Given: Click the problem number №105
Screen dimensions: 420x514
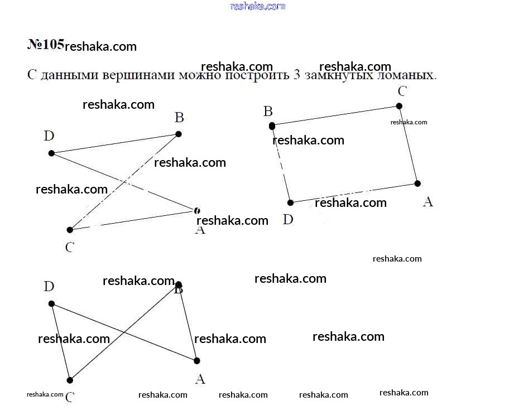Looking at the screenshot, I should (x=46, y=45).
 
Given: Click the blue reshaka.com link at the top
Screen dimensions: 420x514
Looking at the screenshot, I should (x=258, y=6).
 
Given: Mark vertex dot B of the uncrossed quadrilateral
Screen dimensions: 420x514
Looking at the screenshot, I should (x=272, y=126).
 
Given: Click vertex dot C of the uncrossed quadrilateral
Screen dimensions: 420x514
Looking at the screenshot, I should (x=399, y=106).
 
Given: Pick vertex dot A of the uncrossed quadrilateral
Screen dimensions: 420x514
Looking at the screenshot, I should (x=417, y=184).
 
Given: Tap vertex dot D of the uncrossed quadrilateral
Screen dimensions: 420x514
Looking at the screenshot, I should (x=290, y=202).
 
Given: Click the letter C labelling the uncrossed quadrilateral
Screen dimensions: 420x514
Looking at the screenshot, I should (x=402, y=91).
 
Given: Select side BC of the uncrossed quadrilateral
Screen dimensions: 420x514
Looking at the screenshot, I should (x=335, y=116).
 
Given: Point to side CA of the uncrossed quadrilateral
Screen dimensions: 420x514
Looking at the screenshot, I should (x=409, y=145).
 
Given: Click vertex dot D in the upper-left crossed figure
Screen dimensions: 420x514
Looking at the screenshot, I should (x=51, y=153).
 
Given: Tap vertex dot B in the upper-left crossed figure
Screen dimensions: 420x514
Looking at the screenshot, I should (x=179, y=134).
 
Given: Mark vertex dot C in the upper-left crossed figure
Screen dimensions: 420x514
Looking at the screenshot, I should (x=70, y=230).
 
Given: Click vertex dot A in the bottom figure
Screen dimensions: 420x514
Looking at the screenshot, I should (x=196, y=361).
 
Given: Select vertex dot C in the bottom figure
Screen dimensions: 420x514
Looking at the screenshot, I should (x=70, y=380).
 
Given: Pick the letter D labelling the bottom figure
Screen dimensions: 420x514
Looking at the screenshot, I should (x=49, y=287).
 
